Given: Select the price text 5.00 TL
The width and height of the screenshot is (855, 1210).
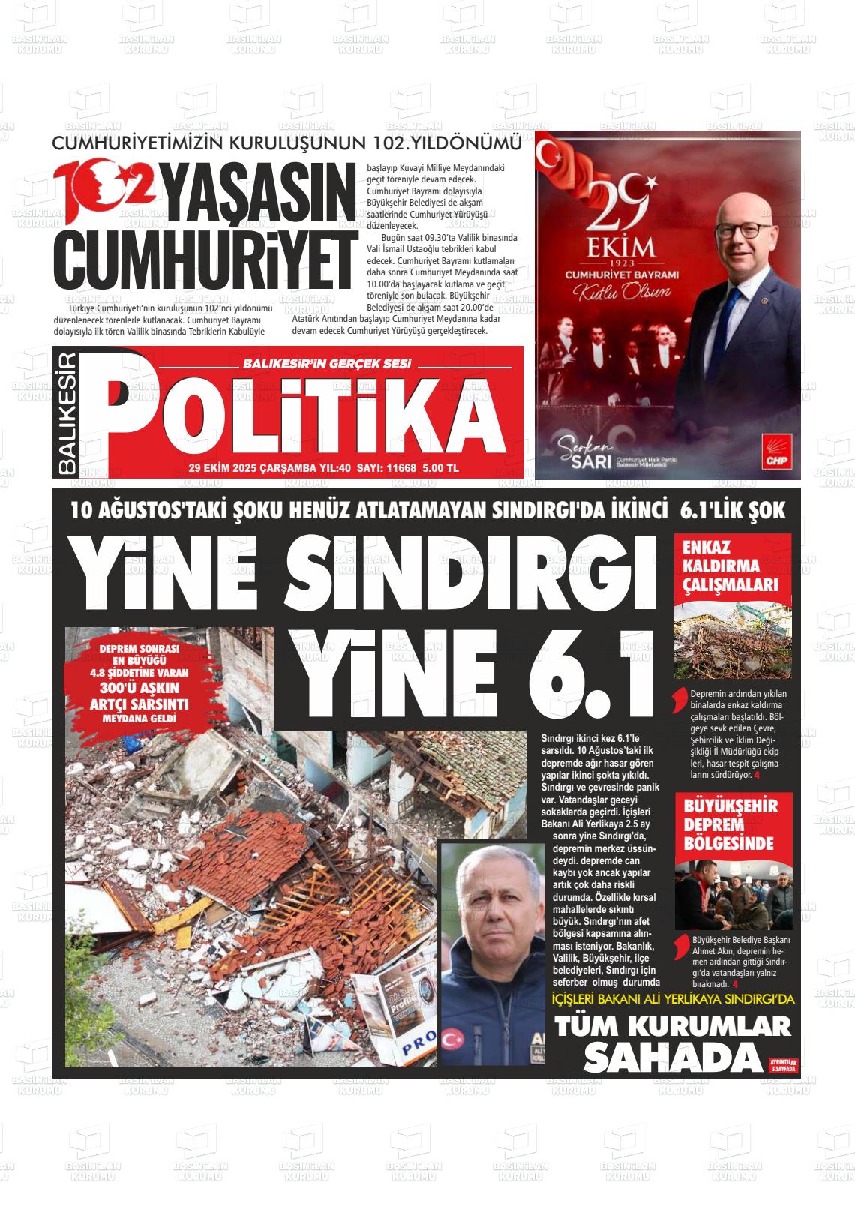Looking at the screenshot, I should tap(441, 468).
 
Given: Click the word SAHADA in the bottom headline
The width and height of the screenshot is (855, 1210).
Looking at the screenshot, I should tap(672, 1058).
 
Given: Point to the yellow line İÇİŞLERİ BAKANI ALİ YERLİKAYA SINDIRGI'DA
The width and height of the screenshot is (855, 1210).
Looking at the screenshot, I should tap(672, 999).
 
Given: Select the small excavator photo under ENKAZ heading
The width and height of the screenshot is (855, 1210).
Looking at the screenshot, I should tap(732, 641).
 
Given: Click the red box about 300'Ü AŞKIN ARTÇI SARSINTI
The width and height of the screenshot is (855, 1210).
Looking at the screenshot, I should tap(139, 684).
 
